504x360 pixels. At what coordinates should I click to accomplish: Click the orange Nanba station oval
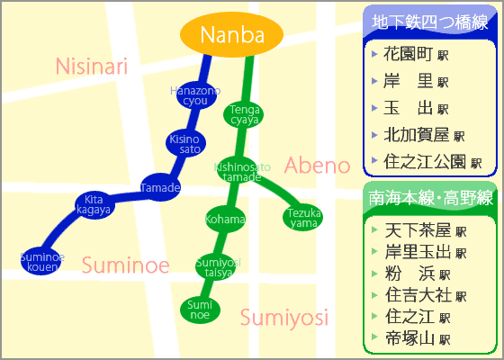point(232,35)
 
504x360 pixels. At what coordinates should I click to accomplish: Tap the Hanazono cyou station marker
point(195,94)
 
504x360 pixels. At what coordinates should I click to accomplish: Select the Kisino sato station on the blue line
point(184,143)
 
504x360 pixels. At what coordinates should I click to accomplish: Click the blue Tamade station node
point(160,187)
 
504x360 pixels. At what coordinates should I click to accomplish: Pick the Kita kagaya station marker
point(93,204)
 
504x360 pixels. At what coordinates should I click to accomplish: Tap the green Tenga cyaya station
point(243,114)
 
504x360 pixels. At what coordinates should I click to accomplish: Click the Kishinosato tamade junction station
point(242,171)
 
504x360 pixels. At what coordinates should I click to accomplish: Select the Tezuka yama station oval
point(302,218)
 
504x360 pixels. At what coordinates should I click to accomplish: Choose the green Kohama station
point(224,219)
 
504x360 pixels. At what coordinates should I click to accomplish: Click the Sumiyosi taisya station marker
point(218,266)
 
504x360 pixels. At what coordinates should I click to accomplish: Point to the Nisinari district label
point(92,66)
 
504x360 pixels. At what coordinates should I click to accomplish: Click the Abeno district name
point(317,166)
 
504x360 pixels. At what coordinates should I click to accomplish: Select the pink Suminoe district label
point(125,265)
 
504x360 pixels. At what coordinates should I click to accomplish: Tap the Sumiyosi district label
point(283,317)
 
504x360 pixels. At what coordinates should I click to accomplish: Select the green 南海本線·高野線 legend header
point(430,198)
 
